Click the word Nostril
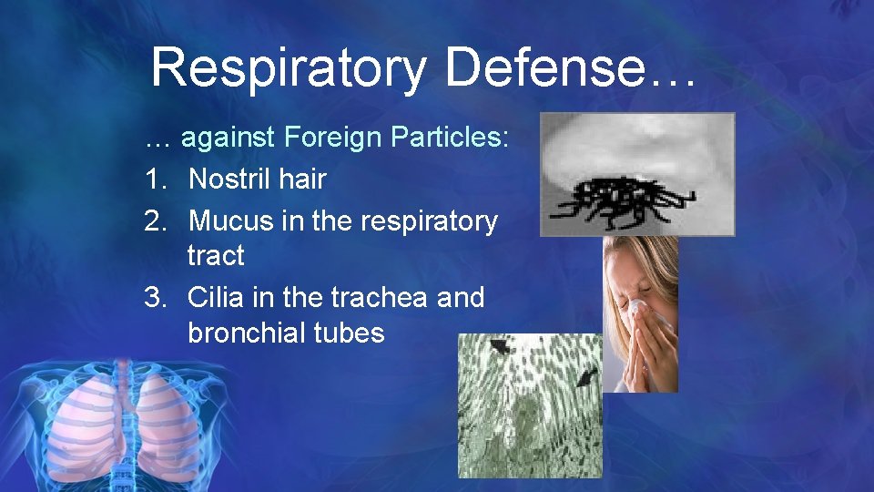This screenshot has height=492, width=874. point(229,179)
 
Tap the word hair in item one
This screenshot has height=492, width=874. point(302,179)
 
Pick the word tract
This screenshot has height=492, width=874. point(216,256)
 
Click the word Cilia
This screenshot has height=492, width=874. point(217,298)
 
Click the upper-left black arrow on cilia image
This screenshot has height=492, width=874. point(499,346)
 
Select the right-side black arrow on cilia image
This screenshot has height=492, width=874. point(585,375)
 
